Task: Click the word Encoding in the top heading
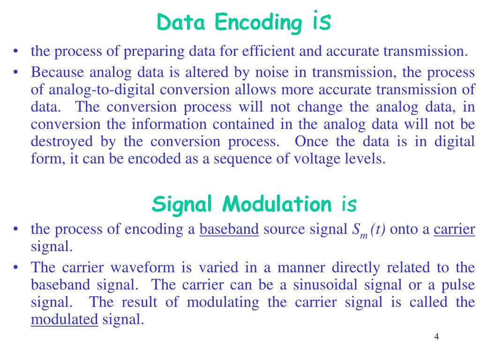click(x=259, y=22)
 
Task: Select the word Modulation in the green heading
click(x=277, y=204)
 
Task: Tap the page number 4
click(x=436, y=337)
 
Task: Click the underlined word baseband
click(x=229, y=229)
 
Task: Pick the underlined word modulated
click(x=64, y=320)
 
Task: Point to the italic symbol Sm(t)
click(x=368, y=230)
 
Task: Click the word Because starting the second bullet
click(x=57, y=73)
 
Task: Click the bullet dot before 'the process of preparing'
click(x=16, y=51)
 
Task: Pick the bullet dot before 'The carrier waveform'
click(x=16, y=268)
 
